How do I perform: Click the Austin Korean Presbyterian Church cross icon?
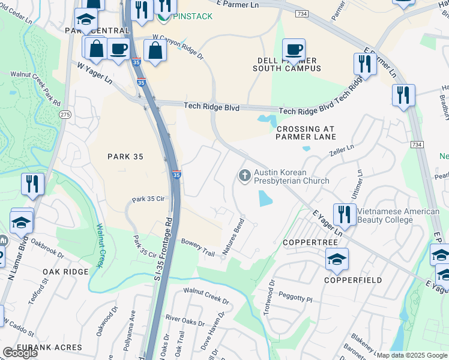(244, 176)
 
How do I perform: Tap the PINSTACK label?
(191, 16)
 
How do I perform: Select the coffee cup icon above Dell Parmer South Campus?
(294, 50)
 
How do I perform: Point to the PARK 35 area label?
(125, 156)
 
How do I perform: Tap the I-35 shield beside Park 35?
(176, 175)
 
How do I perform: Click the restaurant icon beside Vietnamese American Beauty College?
(344, 214)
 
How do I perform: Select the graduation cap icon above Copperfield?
(337, 259)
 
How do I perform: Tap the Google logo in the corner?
(20, 353)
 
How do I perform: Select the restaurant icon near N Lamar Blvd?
(32, 184)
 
